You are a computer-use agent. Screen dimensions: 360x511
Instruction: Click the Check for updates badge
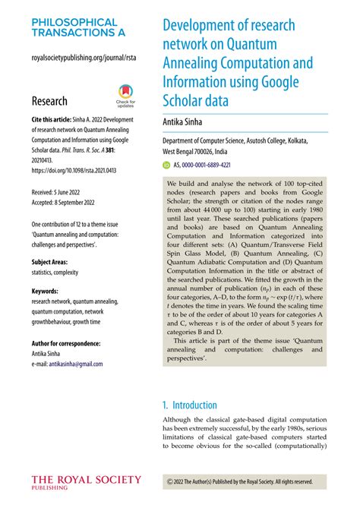pos(125,96)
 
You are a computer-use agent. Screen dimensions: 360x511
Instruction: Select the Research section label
pos(49,101)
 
